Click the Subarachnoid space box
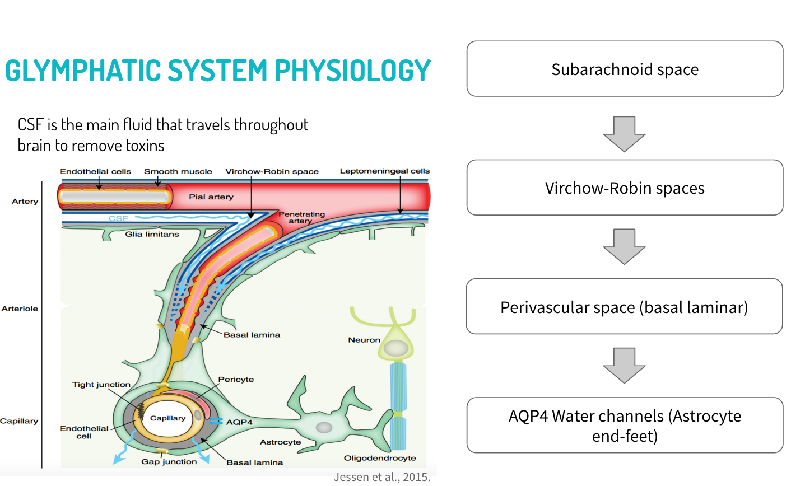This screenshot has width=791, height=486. [625, 69]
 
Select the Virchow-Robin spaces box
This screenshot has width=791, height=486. [625, 188]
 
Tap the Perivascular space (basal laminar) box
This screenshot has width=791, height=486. [624, 307]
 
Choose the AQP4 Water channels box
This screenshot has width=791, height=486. [625, 426]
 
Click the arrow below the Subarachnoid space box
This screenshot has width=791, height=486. [624, 134]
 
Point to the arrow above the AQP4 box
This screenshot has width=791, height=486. [624, 365]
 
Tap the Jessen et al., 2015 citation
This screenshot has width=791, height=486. [382, 477]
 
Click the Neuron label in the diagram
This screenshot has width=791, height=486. [364, 340]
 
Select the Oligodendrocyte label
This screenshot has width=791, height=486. [380, 458]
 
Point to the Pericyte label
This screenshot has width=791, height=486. [236, 379]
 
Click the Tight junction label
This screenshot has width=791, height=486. [101, 385]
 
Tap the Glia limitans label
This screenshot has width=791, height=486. [152, 234]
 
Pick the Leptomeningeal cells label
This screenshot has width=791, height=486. [384, 171]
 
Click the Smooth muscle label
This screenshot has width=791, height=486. [178, 171]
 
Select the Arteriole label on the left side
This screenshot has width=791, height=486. [20, 309]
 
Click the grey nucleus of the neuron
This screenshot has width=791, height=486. [396, 348]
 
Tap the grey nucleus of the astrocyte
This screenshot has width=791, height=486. [324, 428]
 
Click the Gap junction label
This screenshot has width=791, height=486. [169, 461]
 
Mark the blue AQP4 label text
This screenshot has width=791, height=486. [239, 422]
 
